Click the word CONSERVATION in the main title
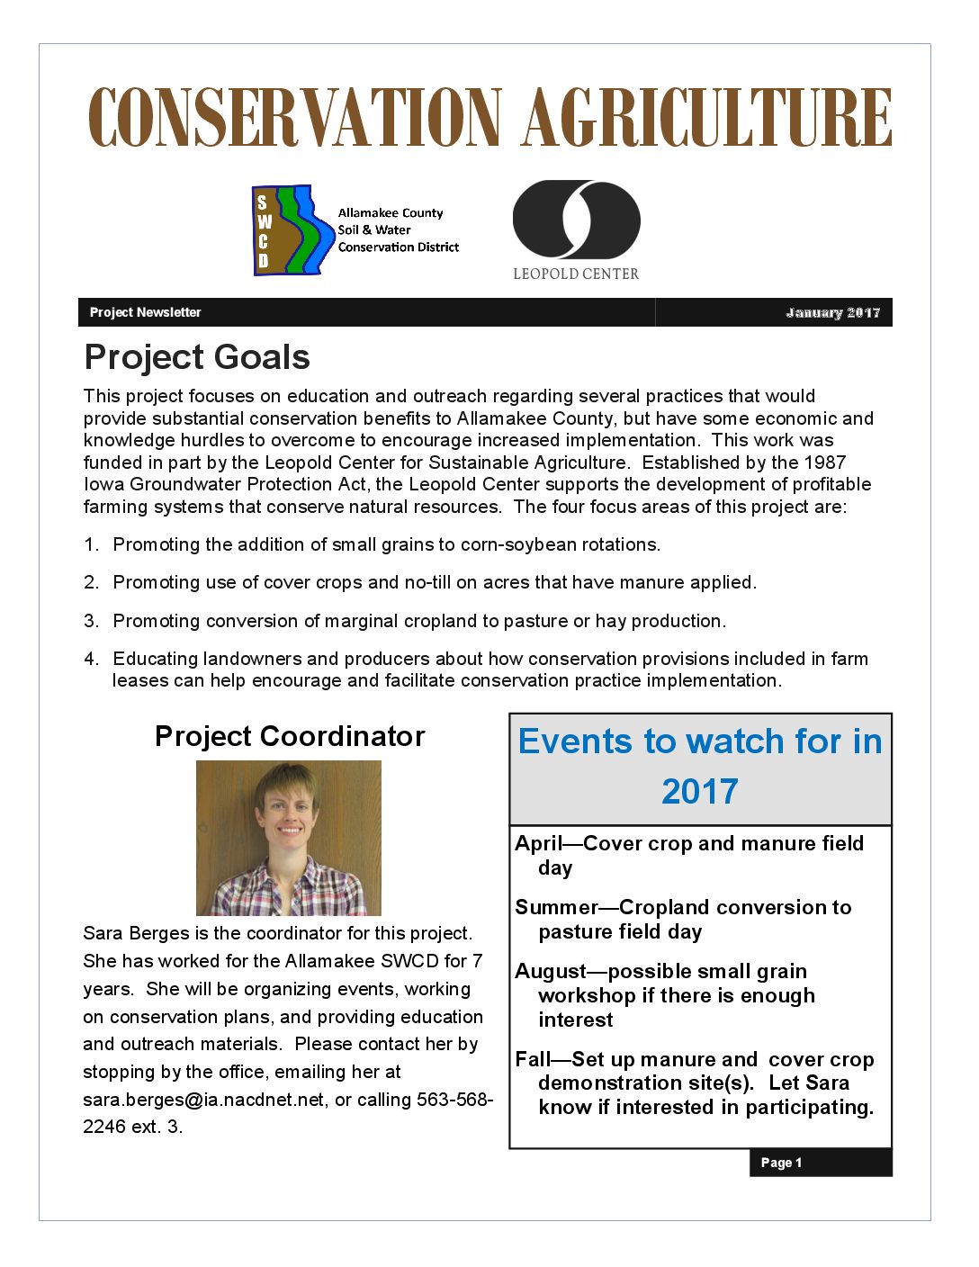[x=294, y=118]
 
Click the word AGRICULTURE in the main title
[x=707, y=118]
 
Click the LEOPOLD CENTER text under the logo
[x=576, y=274]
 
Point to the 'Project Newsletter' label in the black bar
[x=145, y=312]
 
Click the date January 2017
[x=832, y=312]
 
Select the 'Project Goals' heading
[x=197, y=357]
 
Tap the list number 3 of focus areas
[x=91, y=621]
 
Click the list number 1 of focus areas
[x=91, y=544]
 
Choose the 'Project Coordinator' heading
[x=290, y=736]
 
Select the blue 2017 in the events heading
[x=699, y=791]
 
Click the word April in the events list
[x=538, y=843]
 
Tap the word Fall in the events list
[x=533, y=1059]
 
